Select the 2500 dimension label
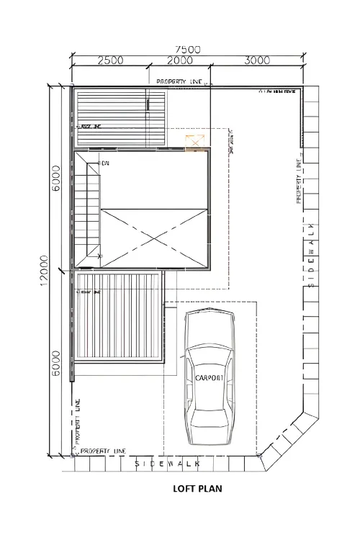pyautogui.click(x=109, y=61)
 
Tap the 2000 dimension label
pyautogui.click(x=179, y=61)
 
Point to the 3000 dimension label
pyautogui.click(x=256, y=61)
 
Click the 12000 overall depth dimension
pyautogui.click(x=45, y=269)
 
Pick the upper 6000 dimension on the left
pyautogui.click(x=55, y=179)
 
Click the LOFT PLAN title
pyautogui.click(x=197, y=488)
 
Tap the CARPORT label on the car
pyautogui.click(x=210, y=377)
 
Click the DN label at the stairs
pyautogui.click(x=105, y=164)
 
